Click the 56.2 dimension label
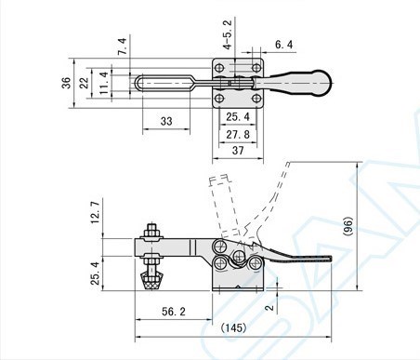pyautogui.click(x=174, y=312)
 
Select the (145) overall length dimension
pyautogui.click(x=234, y=327)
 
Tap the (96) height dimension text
pyautogui.click(x=348, y=226)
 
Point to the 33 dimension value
pyautogui.click(x=166, y=121)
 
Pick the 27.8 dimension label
pyautogui.click(x=238, y=135)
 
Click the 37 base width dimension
pyautogui.click(x=238, y=151)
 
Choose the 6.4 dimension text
pyautogui.click(x=283, y=45)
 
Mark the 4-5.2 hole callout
pyautogui.click(x=228, y=34)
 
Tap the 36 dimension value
pyautogui.click(x=66, y=83)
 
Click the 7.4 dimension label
pyautogui.click(x=123, y=47)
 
